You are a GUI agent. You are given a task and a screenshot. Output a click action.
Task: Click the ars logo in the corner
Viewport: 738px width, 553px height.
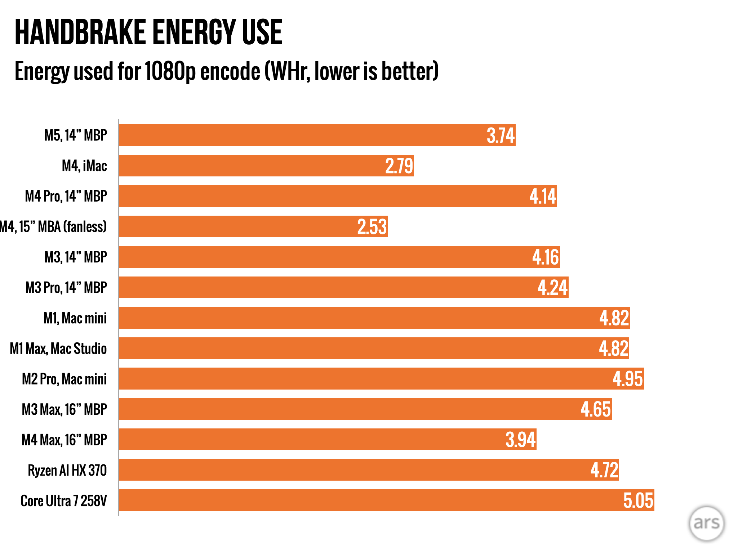pos(706,523)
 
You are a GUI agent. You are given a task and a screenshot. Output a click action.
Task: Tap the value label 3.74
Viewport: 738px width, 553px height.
pos(500,136)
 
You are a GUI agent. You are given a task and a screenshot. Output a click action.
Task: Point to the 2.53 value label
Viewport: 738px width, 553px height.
pos(372,227)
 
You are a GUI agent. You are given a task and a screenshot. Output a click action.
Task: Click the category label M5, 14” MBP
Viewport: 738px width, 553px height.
pos(76,135)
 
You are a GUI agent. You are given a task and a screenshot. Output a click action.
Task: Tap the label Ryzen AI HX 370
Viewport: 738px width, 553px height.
pos(67,470)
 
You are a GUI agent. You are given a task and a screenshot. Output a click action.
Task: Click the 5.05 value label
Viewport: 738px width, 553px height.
pos(638,500)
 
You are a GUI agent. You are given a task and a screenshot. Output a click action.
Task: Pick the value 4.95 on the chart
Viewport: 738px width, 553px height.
pos(627,379)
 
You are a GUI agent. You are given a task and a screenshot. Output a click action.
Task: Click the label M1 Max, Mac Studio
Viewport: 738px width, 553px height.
pos(58,349)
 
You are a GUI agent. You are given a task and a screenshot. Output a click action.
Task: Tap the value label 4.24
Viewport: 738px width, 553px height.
pos(552,288)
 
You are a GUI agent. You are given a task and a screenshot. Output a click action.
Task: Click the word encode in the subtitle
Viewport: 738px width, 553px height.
pos(230,71)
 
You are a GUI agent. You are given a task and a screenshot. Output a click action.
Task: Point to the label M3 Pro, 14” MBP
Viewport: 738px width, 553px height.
pos(66,288)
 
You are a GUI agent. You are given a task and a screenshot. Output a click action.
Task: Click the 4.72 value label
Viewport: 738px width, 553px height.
pos(604,470)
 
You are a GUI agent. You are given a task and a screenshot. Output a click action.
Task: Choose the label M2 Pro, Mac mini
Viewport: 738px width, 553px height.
pos(65,379)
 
